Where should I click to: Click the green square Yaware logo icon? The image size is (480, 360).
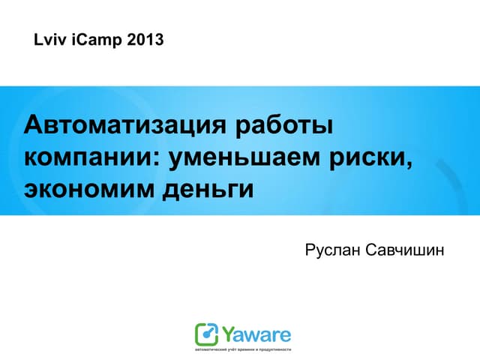(207, 334)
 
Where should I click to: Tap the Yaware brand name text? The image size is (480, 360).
(256, 334)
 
